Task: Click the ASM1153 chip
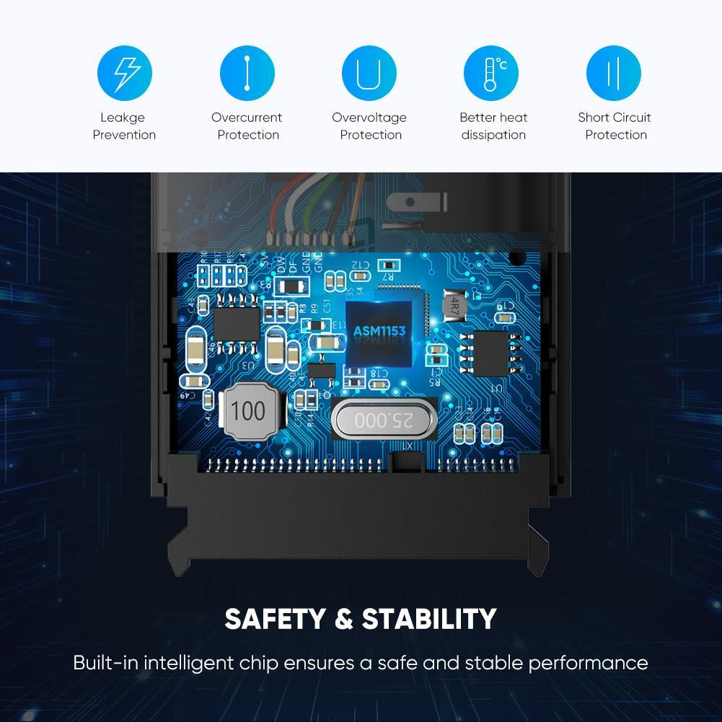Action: tap(379, 331)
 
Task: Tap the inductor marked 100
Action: tap(248, 412)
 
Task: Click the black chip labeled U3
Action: tap(237, 322)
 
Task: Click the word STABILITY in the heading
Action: tap(428, 619)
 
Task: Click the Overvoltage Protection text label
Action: tap(369, 126)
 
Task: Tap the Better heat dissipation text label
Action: tap(493, 126)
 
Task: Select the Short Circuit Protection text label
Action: tap(615, 126)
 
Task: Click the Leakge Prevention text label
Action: tap(124, 126)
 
